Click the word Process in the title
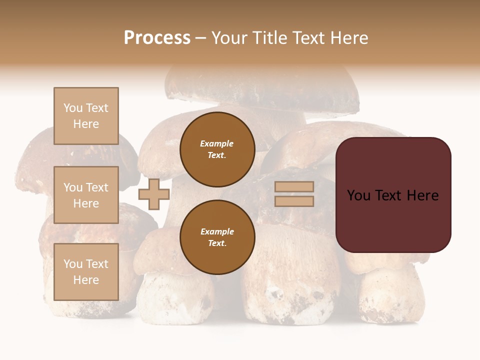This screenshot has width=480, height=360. pos(157,38)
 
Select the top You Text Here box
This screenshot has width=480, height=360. pos(86,116)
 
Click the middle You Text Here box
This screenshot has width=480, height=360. pos(86,195)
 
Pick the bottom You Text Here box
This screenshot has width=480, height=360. pos(86,272)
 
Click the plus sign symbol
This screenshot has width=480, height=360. pos(154,194)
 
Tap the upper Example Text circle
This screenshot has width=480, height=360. pos(217,149)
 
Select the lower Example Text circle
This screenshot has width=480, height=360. pos(217,237)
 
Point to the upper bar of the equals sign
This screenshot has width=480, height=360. pos(294,186)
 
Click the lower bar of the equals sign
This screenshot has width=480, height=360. pos(294,201)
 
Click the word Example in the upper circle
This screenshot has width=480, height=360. pos(217,143)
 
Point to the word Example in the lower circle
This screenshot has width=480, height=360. pos(217,231)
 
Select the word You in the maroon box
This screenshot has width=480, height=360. pos(359,195)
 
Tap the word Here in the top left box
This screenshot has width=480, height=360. pos(86,124)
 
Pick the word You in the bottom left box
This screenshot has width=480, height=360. pos(73,264)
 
